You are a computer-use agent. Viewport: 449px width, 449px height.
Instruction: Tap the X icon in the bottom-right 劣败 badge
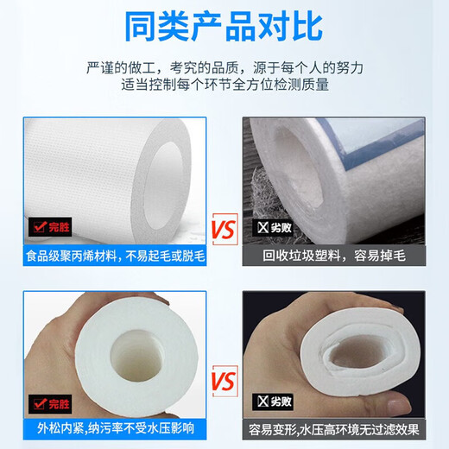point(262,403)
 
